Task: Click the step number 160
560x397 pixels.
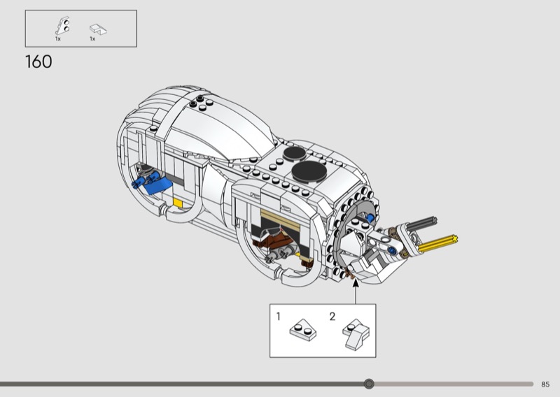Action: tap(38, 62)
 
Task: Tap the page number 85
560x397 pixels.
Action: tap(545, 384)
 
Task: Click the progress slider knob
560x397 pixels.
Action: tap(369, 384)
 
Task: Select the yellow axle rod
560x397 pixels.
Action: tap(438, 243)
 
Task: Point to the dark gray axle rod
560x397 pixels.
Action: tap(421, 224)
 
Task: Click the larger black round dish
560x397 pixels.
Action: tap(309, 171)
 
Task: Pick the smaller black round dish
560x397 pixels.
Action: tap(295, 153)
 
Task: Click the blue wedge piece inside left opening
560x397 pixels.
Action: tap(157, 185)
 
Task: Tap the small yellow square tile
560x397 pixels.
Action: tap(178, 203)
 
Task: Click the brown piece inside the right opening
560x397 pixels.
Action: tap(274, 240)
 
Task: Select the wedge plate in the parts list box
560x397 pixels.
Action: tap(62, 26)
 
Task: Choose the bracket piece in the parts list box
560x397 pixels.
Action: tap(98, 29)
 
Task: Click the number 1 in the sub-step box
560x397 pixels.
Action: tap(279, 317)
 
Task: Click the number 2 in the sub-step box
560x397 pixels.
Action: tap(332, 317)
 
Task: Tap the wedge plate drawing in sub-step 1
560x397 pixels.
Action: tap(303, 330)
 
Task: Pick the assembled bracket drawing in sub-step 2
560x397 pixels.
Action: tap(356, 334)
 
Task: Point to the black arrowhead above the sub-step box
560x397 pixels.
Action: tap(356, 283)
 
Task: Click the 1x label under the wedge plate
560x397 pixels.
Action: tap(58, 38)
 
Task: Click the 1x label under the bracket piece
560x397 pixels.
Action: tap(92, 38)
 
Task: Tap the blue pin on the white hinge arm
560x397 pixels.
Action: tap(393, 251)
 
